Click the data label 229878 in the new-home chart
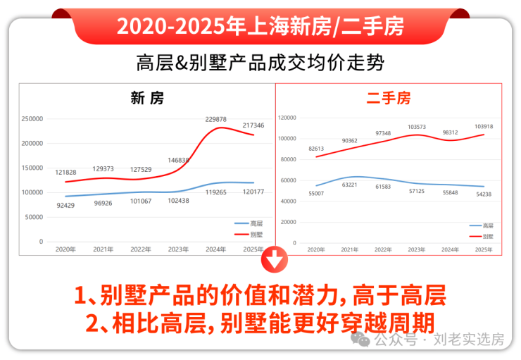coord(215,120)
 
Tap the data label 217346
coord(253,125)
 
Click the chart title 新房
coord(147,99)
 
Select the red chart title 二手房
coord(388,99)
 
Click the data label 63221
coord(350,185)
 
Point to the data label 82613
coord(316,149)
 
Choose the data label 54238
coord(484,194)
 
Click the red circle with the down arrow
coord(275,261)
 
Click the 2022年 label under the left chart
coord(141,249)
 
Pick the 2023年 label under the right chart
coord(417,249)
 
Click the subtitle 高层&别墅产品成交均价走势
coord(260,63)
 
